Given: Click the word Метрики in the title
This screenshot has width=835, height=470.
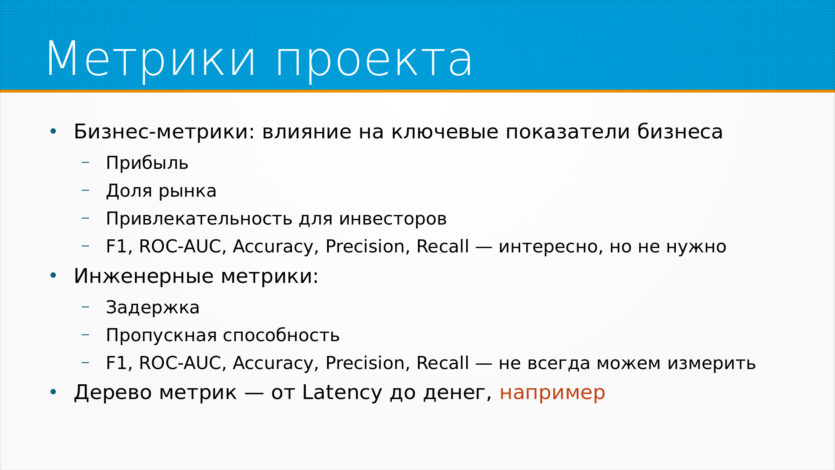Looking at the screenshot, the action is tap(151, 60).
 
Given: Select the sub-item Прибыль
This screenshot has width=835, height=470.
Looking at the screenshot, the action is tap(147, 163).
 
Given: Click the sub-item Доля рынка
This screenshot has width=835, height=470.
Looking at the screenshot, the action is tap(161, 191).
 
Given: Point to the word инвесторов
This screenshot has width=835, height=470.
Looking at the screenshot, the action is tap(393, 218).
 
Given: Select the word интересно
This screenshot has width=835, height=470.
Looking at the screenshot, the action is tap(551, 247).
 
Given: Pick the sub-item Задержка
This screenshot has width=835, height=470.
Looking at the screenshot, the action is tap(153, 308).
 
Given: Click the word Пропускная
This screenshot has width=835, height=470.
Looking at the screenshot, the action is tap(161, 336).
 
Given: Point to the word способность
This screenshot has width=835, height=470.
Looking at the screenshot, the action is tap(281, 335).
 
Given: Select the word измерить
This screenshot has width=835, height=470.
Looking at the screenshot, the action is tap(711, 363).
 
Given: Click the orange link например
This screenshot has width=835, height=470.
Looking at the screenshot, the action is tap(552, 393).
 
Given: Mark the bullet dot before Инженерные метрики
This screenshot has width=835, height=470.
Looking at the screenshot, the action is tap(53, 275).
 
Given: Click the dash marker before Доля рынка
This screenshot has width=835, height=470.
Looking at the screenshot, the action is tap(85, 190).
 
